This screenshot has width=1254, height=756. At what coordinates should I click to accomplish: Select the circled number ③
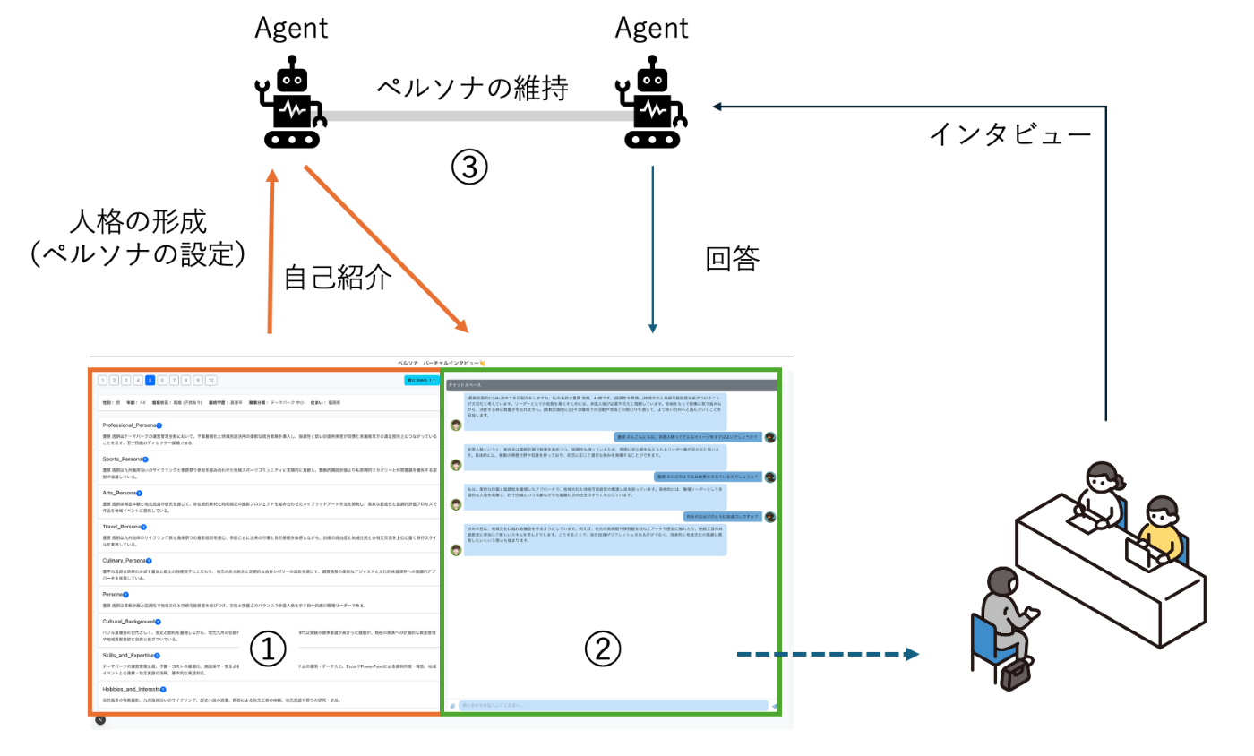coord(469,168)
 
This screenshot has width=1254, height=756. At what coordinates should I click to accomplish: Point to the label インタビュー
coord(1010,134)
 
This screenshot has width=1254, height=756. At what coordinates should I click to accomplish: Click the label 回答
coord(733,260)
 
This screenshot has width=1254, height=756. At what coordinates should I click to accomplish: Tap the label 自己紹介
coord(338,278)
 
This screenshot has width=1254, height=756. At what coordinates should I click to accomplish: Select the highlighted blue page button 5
coord(150,380)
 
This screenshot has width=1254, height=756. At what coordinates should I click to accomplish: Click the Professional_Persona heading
coord(132,425)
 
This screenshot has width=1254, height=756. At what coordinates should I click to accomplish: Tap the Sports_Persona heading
coord(122,459)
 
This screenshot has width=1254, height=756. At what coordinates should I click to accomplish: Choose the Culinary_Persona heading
coord(125,560)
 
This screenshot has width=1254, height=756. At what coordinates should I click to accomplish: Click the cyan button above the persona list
coord(421,380)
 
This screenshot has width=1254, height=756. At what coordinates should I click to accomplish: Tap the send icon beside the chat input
coord(774,706)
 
